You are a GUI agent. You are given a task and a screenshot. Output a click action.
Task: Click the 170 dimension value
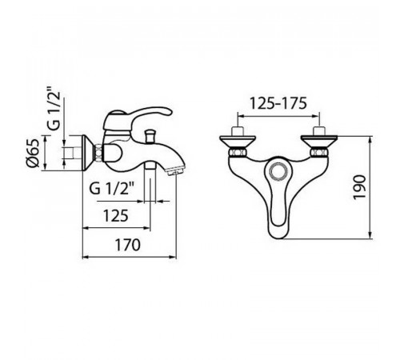tap(127, 245)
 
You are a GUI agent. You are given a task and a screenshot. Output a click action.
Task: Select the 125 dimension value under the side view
tap(116, 215)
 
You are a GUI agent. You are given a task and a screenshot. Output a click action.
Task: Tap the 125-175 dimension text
tap(278, 103)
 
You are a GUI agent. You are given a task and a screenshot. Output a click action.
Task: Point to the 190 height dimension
tap(359, 187)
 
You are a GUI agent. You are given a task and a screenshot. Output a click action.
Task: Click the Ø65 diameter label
tap(33, 153)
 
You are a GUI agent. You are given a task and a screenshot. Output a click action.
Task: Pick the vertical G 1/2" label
tap(54, 109)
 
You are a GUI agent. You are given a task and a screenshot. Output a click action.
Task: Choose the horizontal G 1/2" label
tap(111, 188)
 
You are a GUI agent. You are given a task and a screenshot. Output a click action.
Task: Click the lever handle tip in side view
tap(169, 112)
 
